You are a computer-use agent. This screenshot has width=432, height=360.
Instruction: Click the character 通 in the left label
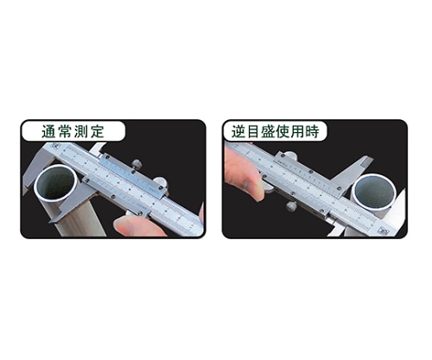48,131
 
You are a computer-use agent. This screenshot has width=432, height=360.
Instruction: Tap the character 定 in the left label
97,131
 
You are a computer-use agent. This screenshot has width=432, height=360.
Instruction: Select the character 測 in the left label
80,131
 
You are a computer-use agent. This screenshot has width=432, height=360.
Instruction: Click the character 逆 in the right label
238,131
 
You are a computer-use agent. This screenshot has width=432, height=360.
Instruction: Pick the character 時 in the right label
312,131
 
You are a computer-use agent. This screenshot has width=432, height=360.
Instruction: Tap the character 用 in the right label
297,131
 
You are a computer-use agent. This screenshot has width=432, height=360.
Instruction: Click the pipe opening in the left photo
55,184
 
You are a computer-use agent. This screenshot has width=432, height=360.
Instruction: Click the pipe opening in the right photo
374,192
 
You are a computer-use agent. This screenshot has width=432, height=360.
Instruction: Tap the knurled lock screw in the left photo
137,164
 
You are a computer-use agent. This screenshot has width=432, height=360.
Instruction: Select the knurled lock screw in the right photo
291,206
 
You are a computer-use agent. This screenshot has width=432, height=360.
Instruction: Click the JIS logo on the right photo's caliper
384,231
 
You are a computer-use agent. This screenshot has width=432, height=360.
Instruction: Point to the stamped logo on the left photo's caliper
54,146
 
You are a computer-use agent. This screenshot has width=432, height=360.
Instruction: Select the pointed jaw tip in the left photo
50,222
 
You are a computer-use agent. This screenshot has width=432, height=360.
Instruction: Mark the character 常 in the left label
65,131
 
